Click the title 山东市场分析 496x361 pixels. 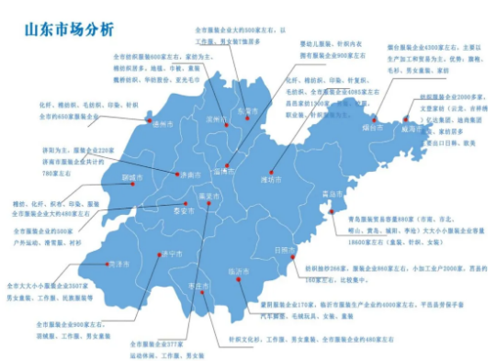pyautogui.click(x=69, y=29)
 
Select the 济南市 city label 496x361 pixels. pyautogui.click(x=190, y=174)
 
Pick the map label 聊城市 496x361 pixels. pyautogui.click(x=133, y=178)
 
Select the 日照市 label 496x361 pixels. pyautogui.click(x=286, y=249)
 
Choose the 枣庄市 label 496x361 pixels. pyautogui.click(x=198, y=287)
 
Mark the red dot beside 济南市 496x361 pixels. pyautogui.click(x=176, y=174)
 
